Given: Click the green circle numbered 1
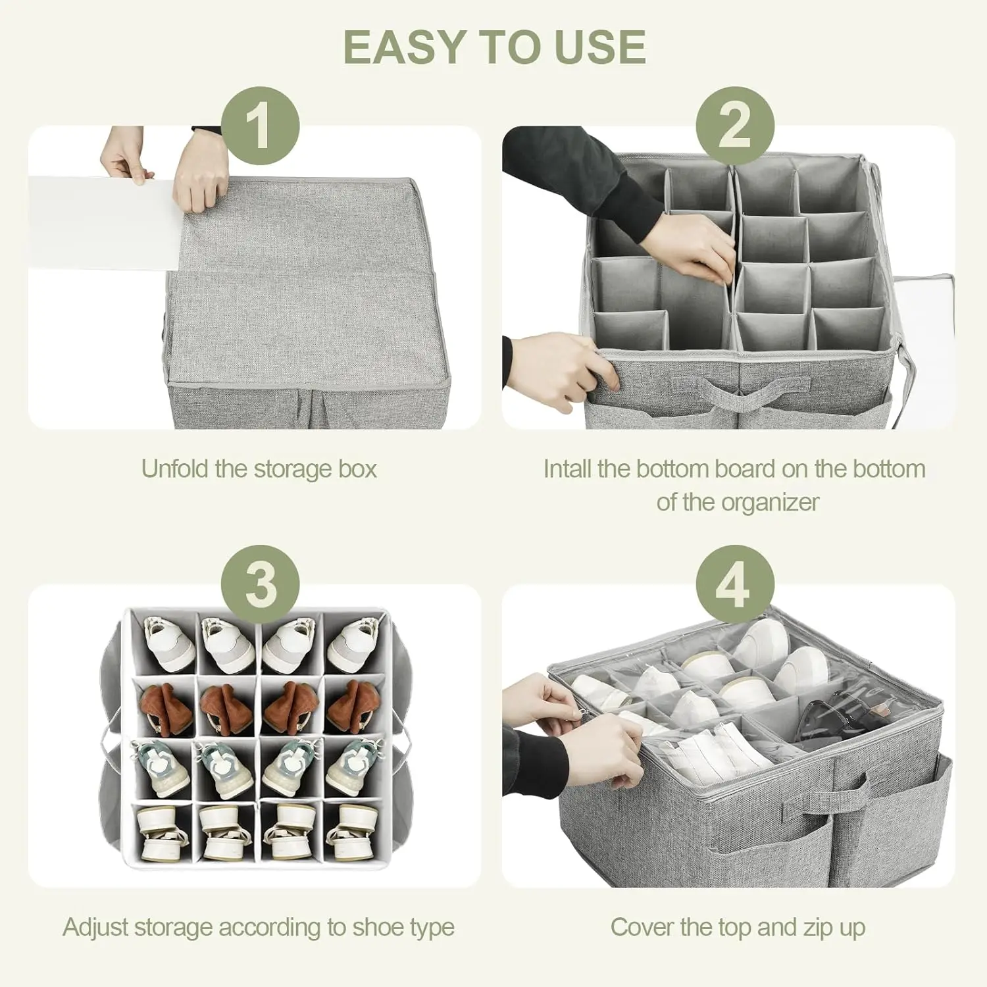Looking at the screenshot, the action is click(x=261, y=126).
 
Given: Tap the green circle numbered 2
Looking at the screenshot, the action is click(x=735, y=126).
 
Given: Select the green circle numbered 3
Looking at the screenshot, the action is click(x=261, y=584).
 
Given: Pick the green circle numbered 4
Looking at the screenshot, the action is click(x=735, y=584).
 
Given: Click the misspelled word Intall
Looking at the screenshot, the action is click(x=567, y=469).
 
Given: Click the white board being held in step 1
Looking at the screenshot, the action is click(x=102, y=222).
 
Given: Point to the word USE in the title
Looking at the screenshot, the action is click(x=600, y=47).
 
